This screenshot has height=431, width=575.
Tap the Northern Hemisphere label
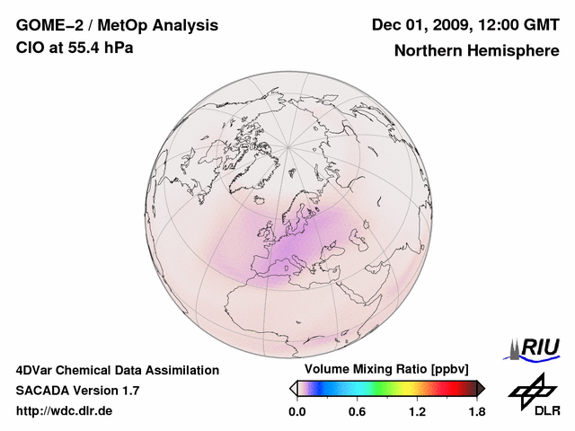(x=476, y=50)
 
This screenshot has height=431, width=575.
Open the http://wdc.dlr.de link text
(x=65, y=411)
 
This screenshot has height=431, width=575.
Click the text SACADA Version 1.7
(x=77, y=391)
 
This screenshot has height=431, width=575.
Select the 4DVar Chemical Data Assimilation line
(x=117, y=370)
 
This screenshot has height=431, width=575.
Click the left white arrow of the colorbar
(x=293, y=388)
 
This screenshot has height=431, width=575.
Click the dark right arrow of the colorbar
(x=481, y=388)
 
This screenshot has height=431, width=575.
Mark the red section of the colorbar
(x=454, y=388)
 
